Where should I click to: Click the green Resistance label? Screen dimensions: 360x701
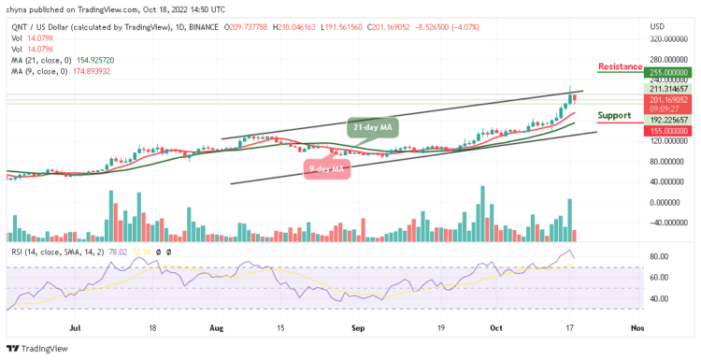(620, 66)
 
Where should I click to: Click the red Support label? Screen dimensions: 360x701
(615, 115)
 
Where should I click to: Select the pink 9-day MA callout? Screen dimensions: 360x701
(327, 168)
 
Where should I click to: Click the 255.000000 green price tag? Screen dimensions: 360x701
(669, 71)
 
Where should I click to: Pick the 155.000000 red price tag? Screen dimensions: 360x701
(669, 131)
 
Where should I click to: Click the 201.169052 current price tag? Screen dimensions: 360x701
(669, 100)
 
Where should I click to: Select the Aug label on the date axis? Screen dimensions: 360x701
(217, 329)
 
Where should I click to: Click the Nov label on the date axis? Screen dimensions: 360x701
(637, 329)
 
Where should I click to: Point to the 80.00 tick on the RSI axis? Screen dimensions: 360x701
(660, 256)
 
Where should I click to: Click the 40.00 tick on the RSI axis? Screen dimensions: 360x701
(660, 299)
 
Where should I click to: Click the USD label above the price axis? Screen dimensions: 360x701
(658, 27)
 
